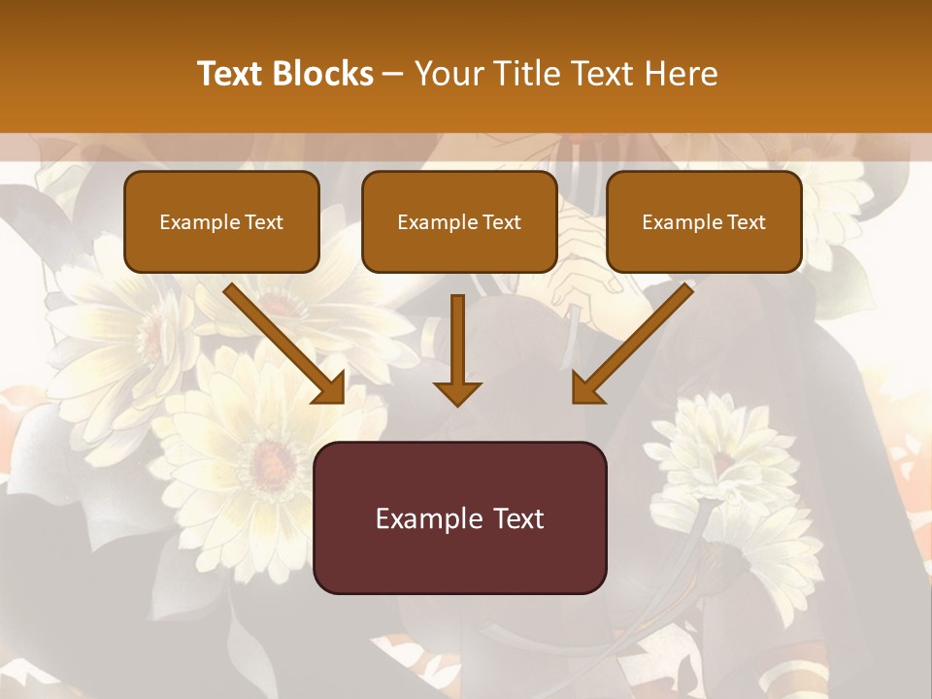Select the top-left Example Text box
tap(221, 222)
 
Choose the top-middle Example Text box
tap(459, 222)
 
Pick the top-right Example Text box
tap(704, 222)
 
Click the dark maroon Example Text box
tap(459, 517)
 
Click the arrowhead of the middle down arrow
tap(457, 392)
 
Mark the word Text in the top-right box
tap(747, 222)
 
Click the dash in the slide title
tap(394, 75)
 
